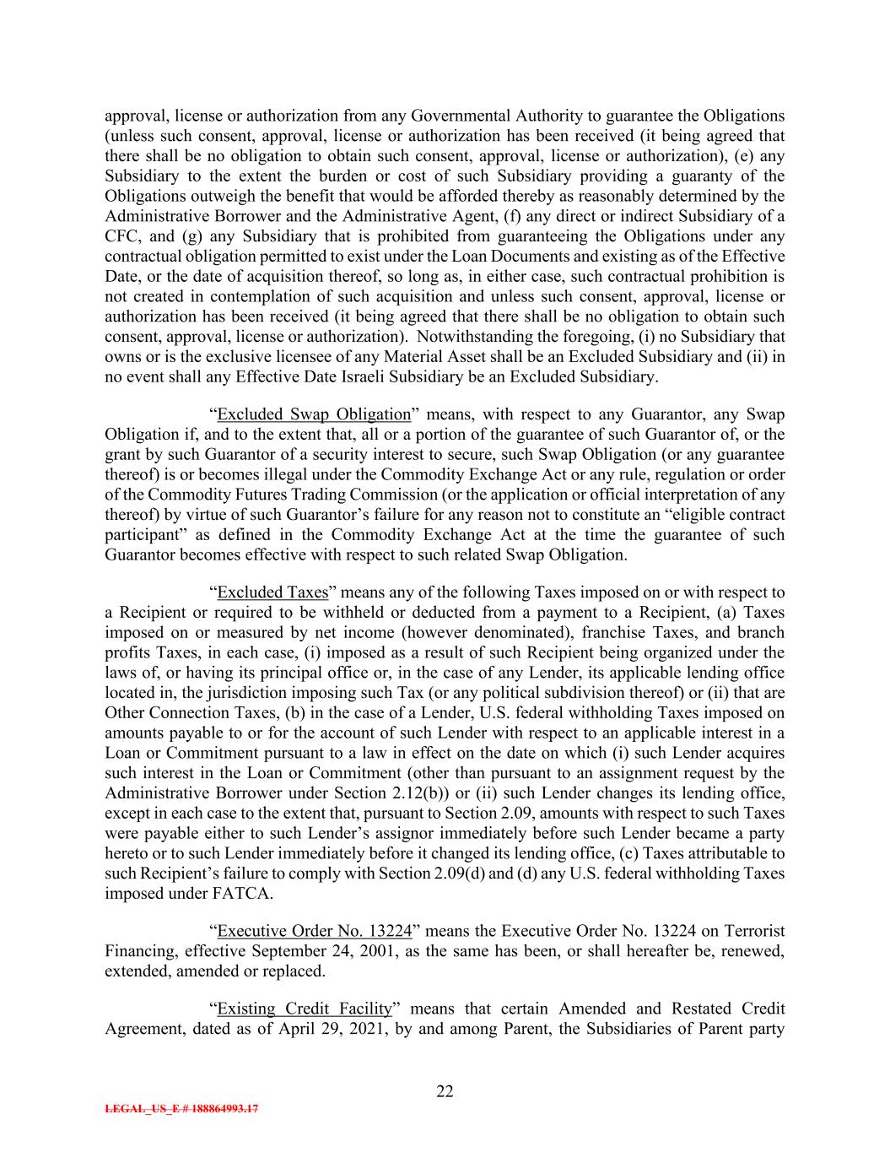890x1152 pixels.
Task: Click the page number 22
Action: click(x=445, y=1092)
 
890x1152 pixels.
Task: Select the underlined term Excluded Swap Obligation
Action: click(x=314, y=414)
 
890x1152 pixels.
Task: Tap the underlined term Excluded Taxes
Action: click(x=272, y=592)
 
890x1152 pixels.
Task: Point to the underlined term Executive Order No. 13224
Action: click(x=314, y=931)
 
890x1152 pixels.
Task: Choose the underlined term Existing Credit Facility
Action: click(x=305, y=1009)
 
